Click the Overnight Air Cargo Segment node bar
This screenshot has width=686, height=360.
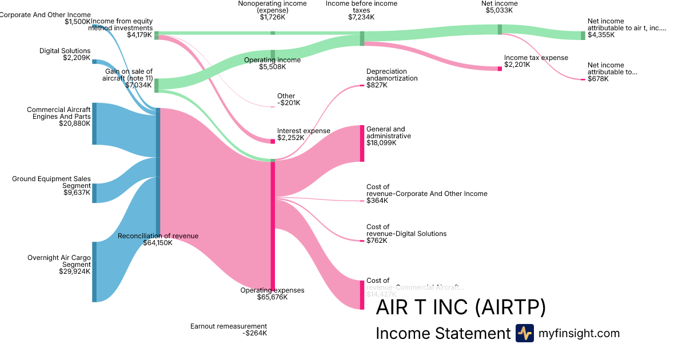[94, 271]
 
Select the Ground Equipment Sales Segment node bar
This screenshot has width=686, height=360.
[94, 193]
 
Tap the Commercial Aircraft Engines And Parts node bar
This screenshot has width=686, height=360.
[94, 123]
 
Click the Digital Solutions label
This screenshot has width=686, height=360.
[65, 51]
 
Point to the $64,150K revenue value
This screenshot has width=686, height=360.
[158, 243]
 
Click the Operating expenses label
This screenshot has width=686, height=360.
[272, 290]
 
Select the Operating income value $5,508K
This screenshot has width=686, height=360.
[272, 67]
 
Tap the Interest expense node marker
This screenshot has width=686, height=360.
[273, 141]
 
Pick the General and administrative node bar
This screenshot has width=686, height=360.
[362, 143]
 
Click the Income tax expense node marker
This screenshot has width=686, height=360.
[499, 69]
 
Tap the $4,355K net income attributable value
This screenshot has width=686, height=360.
[601, 35]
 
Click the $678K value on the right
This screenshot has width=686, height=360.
[598, 79]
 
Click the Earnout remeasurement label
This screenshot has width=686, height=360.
[229, 326]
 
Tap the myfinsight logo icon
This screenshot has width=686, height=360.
[524, 333]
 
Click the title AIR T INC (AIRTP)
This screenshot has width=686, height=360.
[461, 308]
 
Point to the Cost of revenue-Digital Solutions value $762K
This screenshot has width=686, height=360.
[377, 241]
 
